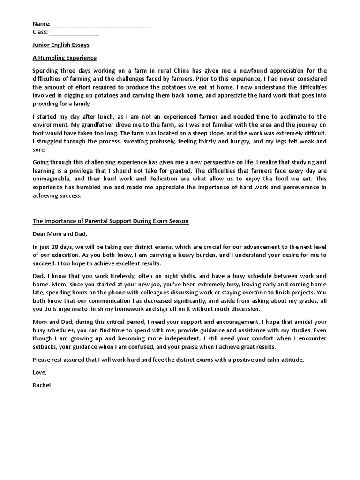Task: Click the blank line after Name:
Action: point(101,24)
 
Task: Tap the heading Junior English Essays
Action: point(61,45)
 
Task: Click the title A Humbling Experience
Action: point(64,58)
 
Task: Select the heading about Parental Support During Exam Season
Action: point(111,221)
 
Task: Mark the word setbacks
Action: point(45,347)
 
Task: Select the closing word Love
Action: point(40,372)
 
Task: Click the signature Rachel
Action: point(42,385)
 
